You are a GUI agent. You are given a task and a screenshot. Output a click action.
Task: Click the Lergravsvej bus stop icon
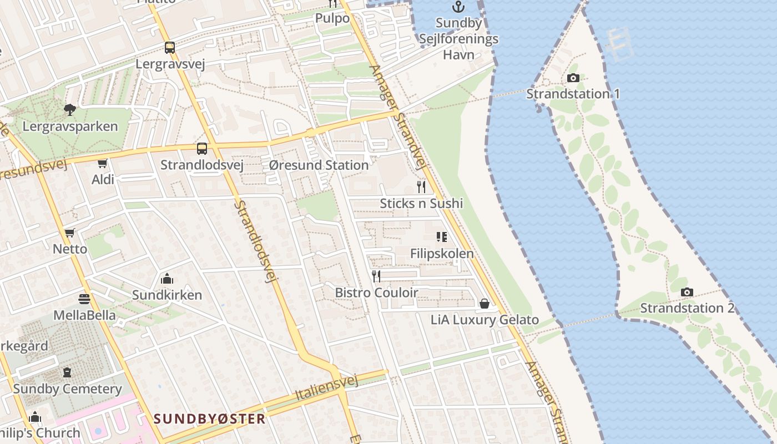[170, 48]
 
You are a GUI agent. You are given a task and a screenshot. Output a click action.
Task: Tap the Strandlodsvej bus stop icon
[202, 149]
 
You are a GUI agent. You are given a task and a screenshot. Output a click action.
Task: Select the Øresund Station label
[319, 165]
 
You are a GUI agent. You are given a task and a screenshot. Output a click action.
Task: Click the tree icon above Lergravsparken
[70, 110]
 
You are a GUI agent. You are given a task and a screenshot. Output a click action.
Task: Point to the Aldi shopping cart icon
[102, 163]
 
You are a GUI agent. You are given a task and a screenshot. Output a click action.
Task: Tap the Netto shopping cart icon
[70, 233]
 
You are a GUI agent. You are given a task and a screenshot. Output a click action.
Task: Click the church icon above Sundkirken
[167, 279]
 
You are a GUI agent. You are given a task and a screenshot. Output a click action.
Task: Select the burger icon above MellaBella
[84, 300]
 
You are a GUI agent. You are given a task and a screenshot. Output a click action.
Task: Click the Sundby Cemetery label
[67, 389]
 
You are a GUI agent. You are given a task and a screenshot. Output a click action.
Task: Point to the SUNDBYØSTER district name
[209, 418]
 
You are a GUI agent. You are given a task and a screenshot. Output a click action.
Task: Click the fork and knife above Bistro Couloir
[376, 276]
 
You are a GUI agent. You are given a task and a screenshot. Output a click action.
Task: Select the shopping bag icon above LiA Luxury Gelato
[485, 304]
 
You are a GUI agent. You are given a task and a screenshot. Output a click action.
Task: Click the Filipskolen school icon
[442, 238]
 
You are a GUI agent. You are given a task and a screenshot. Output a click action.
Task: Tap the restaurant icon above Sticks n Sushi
[421, 186]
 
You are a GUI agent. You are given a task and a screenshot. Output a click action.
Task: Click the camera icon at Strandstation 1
[573, 78]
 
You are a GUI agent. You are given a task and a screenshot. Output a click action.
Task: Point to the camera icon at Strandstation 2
[687, 292]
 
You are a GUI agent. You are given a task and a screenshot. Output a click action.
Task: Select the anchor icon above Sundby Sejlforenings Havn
[458, 7]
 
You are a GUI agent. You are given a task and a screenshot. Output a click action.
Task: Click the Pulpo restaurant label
[332, 18]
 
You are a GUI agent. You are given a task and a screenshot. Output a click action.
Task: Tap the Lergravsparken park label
[70, 127]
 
